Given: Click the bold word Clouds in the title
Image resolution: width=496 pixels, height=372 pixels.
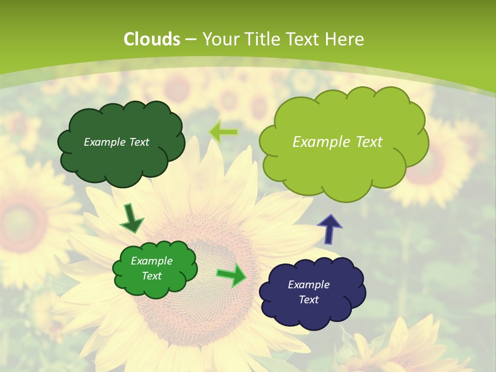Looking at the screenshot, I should [x=152, y=39].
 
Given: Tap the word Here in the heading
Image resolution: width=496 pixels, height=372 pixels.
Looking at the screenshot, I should [x=346, y=39].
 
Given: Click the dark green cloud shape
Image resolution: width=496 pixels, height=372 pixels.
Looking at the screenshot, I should [x=121, y=160].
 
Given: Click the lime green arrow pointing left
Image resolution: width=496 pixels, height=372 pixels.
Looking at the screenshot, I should [x=223, y=132].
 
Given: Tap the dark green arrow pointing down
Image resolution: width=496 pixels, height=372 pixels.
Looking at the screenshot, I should [x=131, y=219].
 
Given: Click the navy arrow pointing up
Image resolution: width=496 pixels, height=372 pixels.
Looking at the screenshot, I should [x=329, y=229].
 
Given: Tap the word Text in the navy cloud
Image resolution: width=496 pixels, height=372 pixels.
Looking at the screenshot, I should [x=309, y=300].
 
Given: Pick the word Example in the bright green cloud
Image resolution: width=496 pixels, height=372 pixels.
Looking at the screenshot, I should [x=152, y=261].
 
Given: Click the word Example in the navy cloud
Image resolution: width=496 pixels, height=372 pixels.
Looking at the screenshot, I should [x=309, y=285].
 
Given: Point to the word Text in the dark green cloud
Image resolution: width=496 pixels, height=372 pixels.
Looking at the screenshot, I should [x=138, y=142].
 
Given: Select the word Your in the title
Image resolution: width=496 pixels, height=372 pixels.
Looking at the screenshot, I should [x=218, y=39].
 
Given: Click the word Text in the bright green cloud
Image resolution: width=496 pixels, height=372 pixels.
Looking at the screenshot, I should [x=152, y=276].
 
